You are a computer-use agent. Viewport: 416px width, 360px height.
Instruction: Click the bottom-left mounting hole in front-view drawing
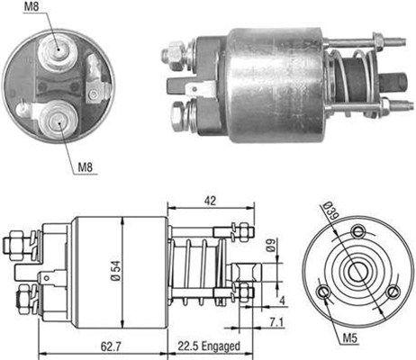(x=325, y=290)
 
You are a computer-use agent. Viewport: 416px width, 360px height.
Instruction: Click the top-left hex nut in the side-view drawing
(x=14, y=242)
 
